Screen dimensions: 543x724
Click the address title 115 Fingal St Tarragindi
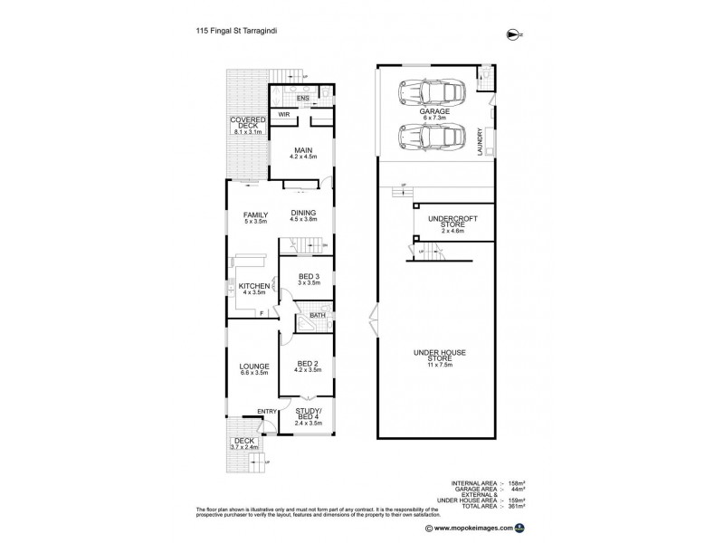pyautogui.click(x=238, y=29)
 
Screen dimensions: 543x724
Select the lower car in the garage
pyautogui.click(x=433, y=138)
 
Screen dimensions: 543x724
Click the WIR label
pyautogui.click(x=283, y=115)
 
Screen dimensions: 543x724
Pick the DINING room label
pyautogui.click(x=304, y=214)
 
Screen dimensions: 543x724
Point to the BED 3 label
pyautogui.click(x=309, y=276)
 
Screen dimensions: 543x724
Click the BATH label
pyautogui.click(x=318, y=316)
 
